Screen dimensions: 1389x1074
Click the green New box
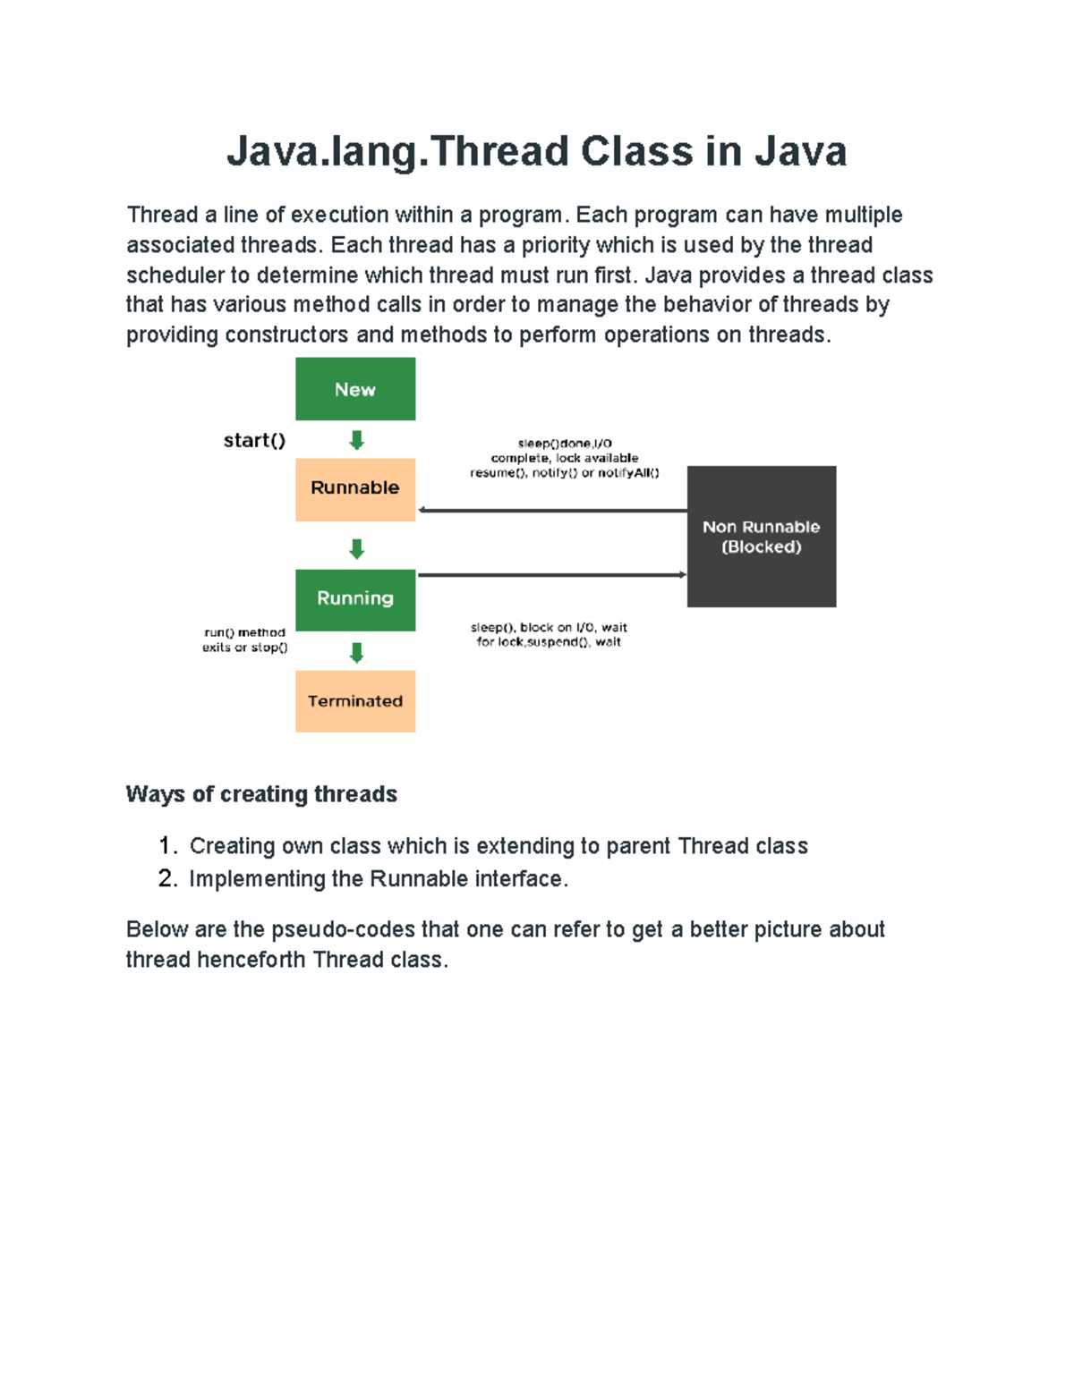355,389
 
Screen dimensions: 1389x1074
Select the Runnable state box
355,488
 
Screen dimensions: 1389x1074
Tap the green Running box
355,599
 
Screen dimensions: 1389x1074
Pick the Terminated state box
355,701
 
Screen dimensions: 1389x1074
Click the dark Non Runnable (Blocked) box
761,537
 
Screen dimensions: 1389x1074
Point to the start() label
254,440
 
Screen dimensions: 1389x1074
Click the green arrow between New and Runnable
356,440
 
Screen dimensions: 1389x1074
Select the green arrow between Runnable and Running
356,548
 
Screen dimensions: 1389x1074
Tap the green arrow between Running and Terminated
356,652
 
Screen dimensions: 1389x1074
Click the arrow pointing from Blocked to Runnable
551,511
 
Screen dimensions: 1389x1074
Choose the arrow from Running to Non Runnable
551,575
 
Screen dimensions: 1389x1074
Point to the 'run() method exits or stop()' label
244,639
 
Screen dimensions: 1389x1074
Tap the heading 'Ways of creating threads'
261,794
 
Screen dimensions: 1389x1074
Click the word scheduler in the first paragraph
175,275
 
